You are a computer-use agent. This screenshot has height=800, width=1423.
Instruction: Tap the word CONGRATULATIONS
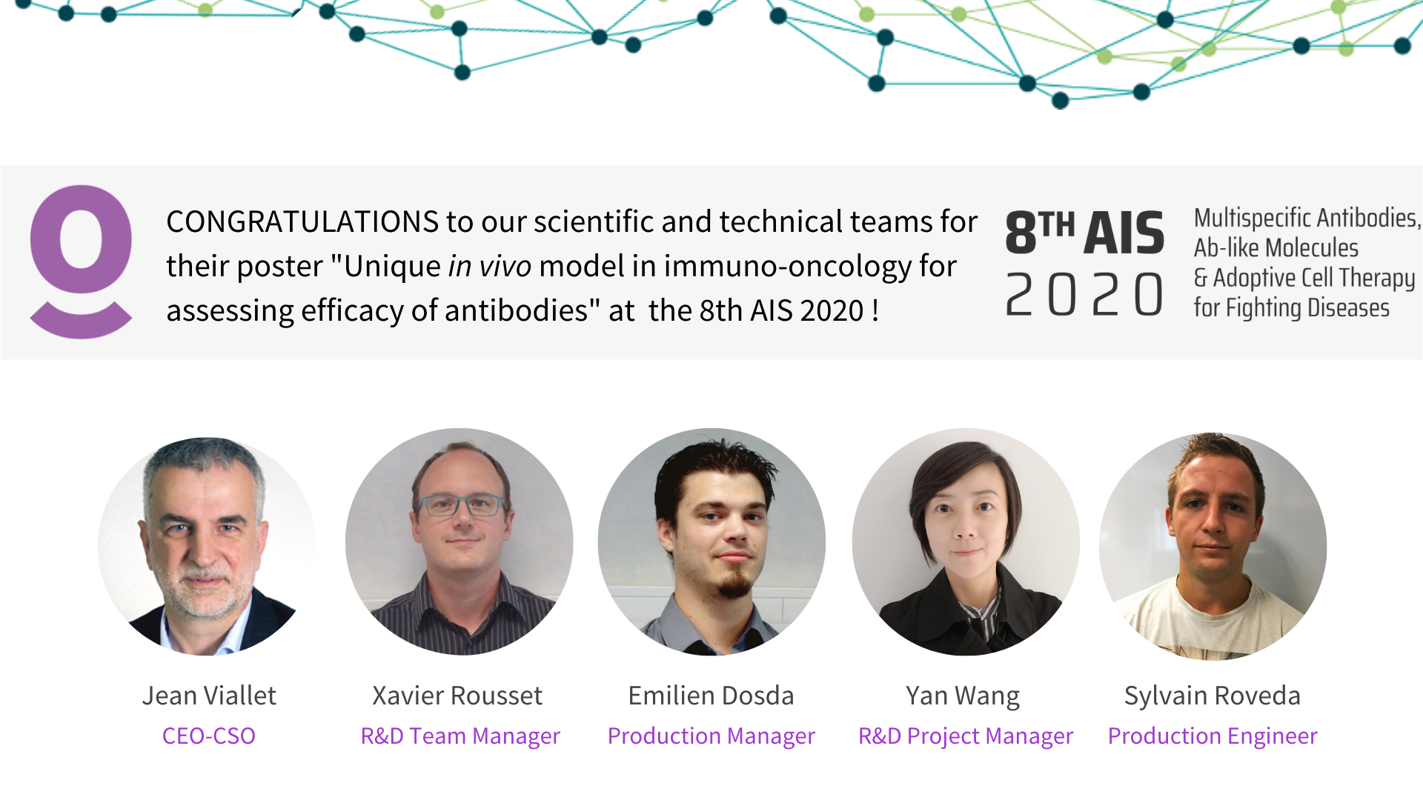[x=302, y=221]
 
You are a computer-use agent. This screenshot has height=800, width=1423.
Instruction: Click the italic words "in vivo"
[x=490, y=266]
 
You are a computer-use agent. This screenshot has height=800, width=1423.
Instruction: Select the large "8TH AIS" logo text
[x=1084, y=233]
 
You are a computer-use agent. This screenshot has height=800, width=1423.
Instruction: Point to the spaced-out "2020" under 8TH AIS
[x=1084, y=294]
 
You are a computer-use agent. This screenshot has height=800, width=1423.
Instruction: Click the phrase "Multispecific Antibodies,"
[x=1307, y=218]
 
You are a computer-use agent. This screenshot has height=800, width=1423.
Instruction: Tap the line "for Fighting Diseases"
[x=1291, y=307]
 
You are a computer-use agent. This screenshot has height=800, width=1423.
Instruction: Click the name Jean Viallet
[x=209, y=696]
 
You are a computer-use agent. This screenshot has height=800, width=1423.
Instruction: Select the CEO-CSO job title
[x=209, y=736]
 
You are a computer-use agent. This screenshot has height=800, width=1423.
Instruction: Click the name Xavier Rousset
[x=457, y=696]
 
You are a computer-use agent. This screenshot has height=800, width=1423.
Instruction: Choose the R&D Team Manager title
[x=460, y=736]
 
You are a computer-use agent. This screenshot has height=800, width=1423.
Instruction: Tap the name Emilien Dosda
[x=711, y=696]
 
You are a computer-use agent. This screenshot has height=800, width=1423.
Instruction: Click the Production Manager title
[x=711, y=736]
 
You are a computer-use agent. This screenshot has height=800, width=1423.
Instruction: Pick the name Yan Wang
[x=963, y=696]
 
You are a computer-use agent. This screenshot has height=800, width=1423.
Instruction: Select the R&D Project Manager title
[x=966, y=736]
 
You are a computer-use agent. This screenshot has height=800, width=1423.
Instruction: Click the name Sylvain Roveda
[x=1213, y=696]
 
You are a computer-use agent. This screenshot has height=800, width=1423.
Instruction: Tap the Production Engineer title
[x=1213, y=736]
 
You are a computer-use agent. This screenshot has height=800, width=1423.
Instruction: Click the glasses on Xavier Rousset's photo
[x=461, y=506]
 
